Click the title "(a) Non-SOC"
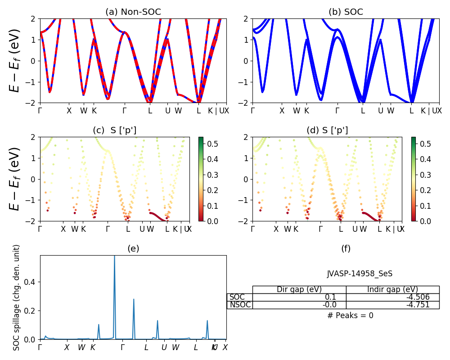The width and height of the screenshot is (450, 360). tap(133, 12)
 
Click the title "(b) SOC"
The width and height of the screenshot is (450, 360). tap(346, 12)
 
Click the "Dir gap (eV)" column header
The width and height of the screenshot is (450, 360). tap(299, 289)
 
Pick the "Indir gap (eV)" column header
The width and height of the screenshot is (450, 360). tap(392, 289)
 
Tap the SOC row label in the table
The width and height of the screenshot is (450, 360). tap(237, 297)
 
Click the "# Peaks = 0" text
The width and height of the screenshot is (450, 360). tap(350, 315)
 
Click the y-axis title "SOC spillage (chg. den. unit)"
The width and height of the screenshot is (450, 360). tap(17, 297)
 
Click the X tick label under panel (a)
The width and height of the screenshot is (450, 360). tap(69, 111)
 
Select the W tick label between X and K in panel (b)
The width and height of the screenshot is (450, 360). tap(296, 111)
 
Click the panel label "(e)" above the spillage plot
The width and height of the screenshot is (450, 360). tap(133, 248)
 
